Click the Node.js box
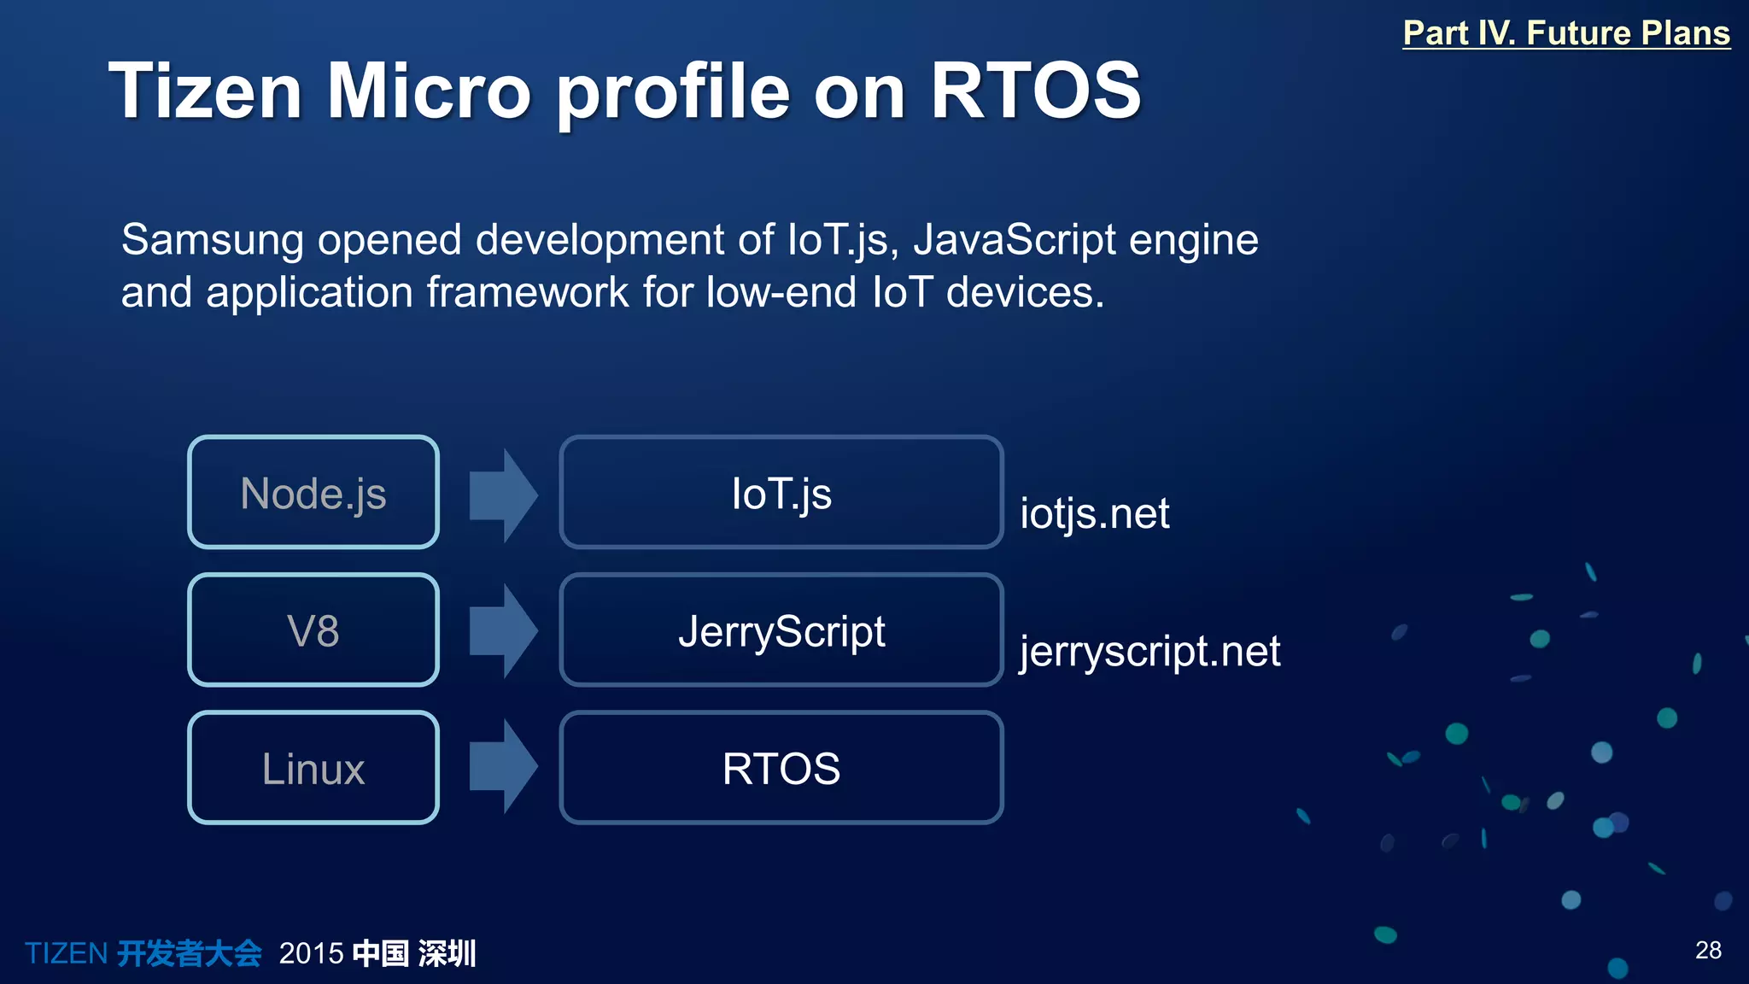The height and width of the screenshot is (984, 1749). click(313, 493)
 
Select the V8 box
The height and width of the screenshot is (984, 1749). click(313, 630)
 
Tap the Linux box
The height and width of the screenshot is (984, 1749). click(313, 768)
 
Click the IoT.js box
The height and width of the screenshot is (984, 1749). click(781, 493)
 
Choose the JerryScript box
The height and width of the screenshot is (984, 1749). click(781, 630)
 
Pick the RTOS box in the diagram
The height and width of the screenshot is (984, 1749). click(781, 768)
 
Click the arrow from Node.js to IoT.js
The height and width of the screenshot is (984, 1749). click(502, 495)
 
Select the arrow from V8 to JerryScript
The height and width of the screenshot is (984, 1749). click(502, 631)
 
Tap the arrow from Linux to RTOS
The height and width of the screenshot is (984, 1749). click(502, 767)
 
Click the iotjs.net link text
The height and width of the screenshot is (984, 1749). click(1094, 513)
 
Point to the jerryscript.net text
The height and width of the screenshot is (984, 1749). click(1149, 651)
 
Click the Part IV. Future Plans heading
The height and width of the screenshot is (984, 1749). click(1565, 33)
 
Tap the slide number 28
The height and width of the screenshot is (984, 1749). click(1708, 950)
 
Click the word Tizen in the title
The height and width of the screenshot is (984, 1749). click(205, 91)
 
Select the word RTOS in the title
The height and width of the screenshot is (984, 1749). click(1035, 91)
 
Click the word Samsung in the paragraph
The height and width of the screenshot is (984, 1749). click(212, 240)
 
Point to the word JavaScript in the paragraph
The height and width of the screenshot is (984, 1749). click(1014, 240)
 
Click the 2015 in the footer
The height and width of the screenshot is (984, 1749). click(311, 953)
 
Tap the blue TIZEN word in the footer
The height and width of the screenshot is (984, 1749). click(66, 953)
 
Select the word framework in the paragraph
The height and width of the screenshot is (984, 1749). click(527, 292)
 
